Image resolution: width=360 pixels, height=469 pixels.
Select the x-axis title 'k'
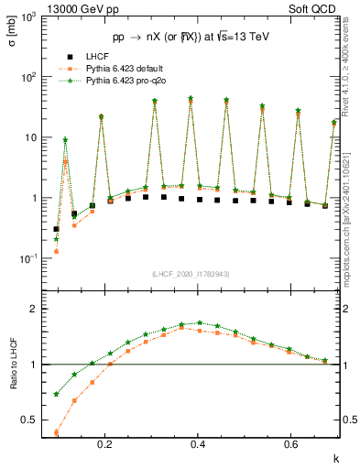(336, 456)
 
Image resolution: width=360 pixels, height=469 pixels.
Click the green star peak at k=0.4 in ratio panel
(199, 322)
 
